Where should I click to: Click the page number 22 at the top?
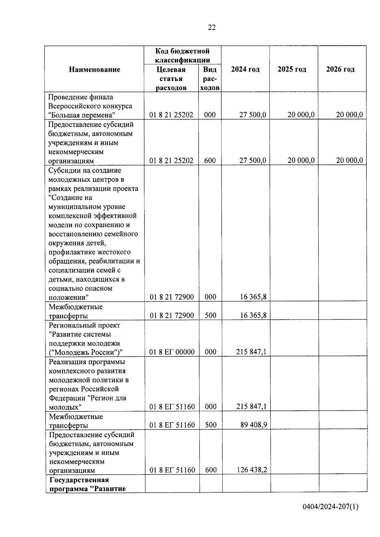[x=212, y=28]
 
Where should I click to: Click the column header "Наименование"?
[x=94, y=69]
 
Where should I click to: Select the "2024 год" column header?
[x=245, y=69]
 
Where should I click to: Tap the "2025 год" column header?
[x=292, y=69]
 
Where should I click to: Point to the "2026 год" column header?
[x=340, y=69]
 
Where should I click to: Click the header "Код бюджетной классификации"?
[x=182, y=55]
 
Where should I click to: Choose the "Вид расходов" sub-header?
[x=210, y=78]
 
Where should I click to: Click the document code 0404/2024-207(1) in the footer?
[x=330, y=507]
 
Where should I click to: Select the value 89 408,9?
[x=253, y=425]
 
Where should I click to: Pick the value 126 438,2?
[x=252, y=470]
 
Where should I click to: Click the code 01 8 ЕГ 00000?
[x=172, y=352]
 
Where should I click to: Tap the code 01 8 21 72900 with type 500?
[x=172, y=315]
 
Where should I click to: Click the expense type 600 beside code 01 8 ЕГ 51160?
[x=211, y=470]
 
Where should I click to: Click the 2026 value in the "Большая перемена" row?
[x=349, y=115]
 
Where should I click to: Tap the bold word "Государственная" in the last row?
[x=79, y=480]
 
